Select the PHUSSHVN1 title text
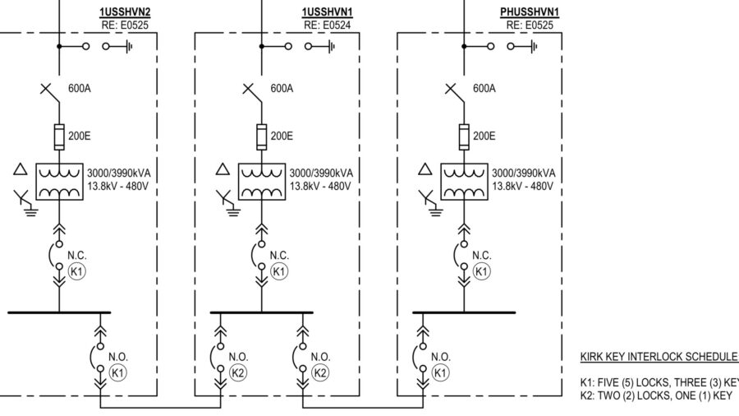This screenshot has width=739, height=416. (x=530, y=12)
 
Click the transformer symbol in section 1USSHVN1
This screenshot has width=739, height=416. (x=261, y=181)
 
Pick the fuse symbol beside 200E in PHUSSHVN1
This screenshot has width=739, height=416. (x=463, y=136)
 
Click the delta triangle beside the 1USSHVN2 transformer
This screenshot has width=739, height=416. (x=21, y=170)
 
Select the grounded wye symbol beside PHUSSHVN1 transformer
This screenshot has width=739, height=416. (x=425, y=198)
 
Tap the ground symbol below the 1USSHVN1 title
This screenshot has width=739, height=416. (x=328, y=47)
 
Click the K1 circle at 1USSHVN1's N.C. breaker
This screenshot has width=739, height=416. (x=279, y=271)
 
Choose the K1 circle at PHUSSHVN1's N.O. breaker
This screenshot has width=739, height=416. (x=441, y=372)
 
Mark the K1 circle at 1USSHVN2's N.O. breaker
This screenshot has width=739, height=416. (x=117, y=372)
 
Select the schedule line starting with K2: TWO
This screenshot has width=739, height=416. (x=657, y=395)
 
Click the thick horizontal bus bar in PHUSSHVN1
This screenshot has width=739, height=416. (x=464, y=312)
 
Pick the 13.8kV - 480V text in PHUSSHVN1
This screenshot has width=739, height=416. (x=523, y=187)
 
